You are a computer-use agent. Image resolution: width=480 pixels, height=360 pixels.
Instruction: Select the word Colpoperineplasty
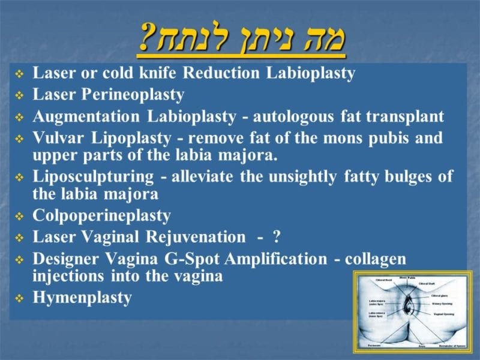tap(101, 215)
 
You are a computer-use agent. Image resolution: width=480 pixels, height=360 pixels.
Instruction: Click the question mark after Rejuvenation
tap(276, 237)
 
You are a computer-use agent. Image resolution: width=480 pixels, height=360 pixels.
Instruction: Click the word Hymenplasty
tap(82, 298)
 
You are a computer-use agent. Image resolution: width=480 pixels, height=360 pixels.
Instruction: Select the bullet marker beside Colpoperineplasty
tap(19, 216)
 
